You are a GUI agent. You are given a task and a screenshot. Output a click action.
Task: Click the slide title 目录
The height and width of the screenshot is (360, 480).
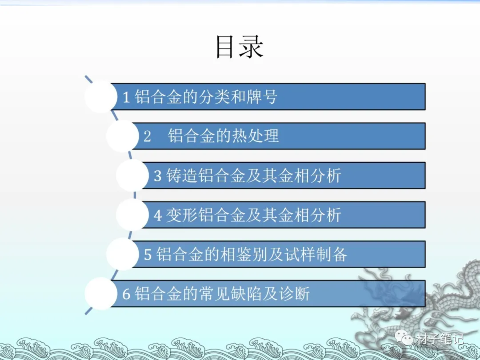coord(240,48)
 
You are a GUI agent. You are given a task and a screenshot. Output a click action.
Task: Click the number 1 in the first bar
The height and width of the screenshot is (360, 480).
coord(126,97)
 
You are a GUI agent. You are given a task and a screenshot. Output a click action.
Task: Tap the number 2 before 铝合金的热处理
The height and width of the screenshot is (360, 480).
coord(148,136)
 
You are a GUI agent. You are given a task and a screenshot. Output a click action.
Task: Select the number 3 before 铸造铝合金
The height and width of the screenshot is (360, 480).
coord(158,176)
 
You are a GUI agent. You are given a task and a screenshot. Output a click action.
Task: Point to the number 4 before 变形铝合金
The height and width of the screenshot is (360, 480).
coord(158,216)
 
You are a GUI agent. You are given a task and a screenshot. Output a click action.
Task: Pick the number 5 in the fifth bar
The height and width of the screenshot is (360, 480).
coord(148,255)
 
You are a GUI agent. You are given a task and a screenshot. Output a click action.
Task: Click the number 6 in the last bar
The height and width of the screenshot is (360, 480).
coord(126,294)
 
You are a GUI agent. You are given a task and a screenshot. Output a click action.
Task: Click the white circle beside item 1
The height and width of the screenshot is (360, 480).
coord(101,96)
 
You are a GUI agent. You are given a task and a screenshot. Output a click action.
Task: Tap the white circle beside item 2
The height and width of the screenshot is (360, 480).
coord(122,136)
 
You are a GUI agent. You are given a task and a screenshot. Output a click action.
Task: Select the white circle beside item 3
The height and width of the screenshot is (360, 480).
coord(132,176)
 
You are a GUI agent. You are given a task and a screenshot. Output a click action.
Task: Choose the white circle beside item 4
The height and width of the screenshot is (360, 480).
coord(132,215)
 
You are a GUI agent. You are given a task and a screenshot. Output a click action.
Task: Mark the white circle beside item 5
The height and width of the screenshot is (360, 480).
coord(122,254)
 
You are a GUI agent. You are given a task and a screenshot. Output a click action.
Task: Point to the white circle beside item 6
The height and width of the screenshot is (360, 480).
coord(101,294)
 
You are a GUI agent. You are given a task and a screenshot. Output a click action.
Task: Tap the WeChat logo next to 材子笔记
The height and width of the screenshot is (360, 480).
coord(407,339)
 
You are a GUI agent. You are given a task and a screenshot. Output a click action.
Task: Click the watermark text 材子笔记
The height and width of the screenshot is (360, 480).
coord(440,340)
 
